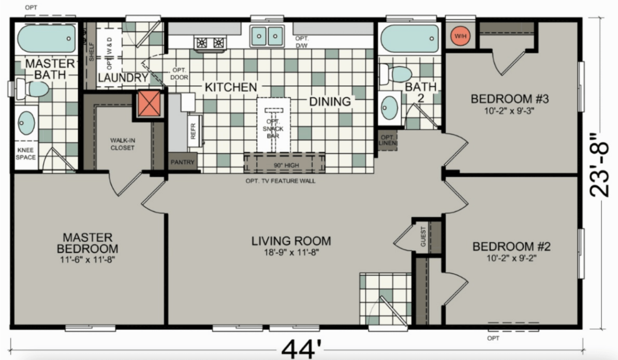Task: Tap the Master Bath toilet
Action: pos(34,89)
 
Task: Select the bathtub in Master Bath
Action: pos(47,38)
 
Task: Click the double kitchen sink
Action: pos(267,35)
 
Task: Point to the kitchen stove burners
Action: pos(210,43)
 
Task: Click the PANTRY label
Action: pos(183,163)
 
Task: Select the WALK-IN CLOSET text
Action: pos(122,144)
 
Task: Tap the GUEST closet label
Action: pos(424,237)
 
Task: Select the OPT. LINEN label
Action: pos(387,141)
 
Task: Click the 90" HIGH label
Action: pos(285,166)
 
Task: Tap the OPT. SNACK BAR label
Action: pos(273,125)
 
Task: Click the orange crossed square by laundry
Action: pos(149,103)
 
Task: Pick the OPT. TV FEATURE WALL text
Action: pos(281,181)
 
